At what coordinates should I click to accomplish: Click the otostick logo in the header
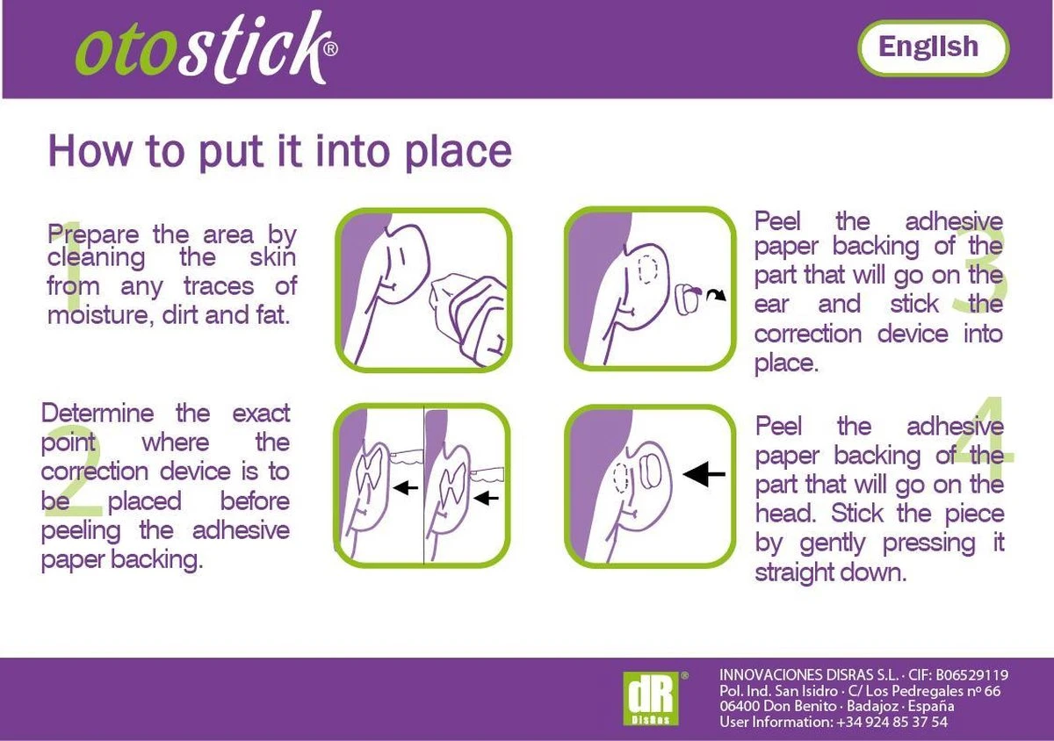pos(206,48)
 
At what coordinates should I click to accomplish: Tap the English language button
pos(934,48)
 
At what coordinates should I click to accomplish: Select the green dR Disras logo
pos(651,698)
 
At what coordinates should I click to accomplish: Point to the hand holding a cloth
pos(471,315)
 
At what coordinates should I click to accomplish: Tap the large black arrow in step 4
pos(704,474)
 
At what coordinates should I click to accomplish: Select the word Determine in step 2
pos(97,414)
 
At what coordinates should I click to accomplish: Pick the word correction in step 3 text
pos(808,335)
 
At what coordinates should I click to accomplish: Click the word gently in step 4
pos(833,543)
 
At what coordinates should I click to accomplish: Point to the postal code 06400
pos(740,706)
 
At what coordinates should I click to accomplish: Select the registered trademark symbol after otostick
pos(331,48)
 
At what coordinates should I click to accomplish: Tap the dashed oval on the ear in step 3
pos(647,270)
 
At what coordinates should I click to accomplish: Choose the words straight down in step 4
pos(831,573)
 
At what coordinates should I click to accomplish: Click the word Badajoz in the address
pos(873,706)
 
